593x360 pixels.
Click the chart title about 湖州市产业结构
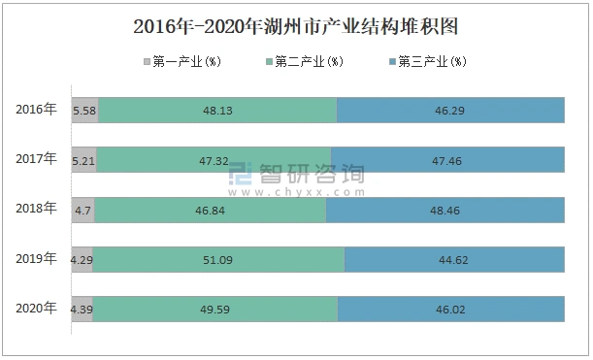point(296,26)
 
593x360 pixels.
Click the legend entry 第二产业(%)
point(303,62)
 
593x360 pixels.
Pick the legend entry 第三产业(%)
point(427,62)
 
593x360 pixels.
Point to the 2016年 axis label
point(37,110)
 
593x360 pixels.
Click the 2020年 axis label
point(37,308)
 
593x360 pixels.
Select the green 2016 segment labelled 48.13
point(217,111)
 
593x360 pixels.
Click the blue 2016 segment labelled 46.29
point(450,111)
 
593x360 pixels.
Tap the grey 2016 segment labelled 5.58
point(84,111)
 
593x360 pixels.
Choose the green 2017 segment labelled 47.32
point(214,160)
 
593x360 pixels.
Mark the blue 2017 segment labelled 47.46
point(447,160)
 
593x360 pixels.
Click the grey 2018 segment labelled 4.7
point(82,210)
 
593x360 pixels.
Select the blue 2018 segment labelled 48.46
point(445,210)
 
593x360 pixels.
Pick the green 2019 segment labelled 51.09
point(218,259)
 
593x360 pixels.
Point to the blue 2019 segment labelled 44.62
point(454,259)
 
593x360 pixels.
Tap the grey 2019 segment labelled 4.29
point(82,259)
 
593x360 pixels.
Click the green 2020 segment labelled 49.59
point(215,309)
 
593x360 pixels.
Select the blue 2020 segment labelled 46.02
point(451,309)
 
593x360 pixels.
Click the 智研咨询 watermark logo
point(296,176)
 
